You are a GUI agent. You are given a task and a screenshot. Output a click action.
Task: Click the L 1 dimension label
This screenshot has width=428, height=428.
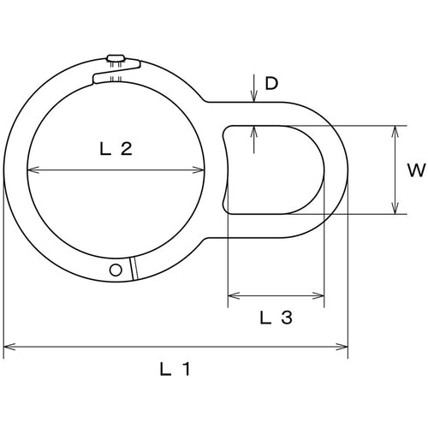(x=175, y=370)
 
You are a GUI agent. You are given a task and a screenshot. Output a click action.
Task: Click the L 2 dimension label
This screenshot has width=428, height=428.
(x=116, y=150)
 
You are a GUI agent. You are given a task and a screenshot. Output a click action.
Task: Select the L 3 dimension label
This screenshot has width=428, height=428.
(x=276, y=318)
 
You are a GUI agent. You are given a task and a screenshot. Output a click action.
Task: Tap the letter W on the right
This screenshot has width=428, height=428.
(x=416, y=169)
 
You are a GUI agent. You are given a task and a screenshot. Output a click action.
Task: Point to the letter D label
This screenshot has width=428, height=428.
(x=271, y=83)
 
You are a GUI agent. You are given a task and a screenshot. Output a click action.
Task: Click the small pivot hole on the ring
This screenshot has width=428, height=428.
(x=116, y=270)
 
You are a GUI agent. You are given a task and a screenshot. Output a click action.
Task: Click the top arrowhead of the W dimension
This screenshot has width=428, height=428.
(x=394, y=131)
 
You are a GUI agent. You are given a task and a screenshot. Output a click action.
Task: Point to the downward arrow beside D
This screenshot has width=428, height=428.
(x=255, y=95)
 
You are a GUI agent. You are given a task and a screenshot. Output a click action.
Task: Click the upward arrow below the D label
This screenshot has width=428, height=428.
(x=255, y=131)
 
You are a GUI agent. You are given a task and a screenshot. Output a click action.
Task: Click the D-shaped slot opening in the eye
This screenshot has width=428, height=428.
(x=274, y=169)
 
